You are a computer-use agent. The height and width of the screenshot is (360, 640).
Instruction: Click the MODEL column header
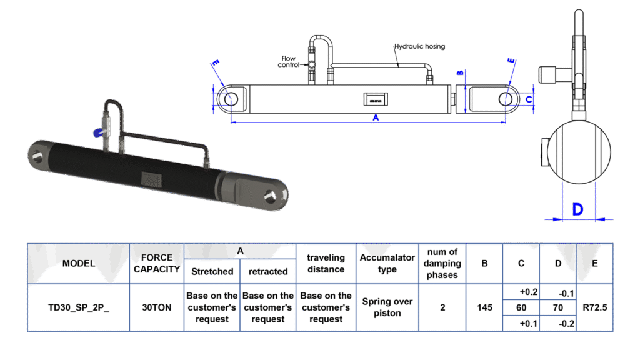tap(79, 263)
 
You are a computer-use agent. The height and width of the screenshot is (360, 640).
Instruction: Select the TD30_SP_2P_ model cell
tap(79, 307)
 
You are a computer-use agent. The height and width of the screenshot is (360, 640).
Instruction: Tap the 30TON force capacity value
tap(156, 307)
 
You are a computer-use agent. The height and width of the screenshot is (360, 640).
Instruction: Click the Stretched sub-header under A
tap(212, 271)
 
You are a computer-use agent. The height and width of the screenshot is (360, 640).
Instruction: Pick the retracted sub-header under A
tap(268, 271)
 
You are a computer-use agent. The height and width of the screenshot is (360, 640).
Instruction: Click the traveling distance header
tap(326, 263)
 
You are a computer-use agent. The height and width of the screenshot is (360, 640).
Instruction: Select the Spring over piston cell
tap(387, 307)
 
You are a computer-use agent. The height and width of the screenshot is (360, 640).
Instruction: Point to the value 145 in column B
tap(484, 307)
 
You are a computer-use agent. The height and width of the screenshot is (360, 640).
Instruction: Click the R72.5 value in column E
tap(594, 307)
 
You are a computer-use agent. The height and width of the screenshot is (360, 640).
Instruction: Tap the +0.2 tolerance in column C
tap(521, 292)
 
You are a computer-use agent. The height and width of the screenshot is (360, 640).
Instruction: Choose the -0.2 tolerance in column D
tap(558, 323)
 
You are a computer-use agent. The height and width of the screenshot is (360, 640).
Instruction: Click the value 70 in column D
tap(558, 307)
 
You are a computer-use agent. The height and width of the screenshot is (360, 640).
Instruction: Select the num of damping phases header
tap(442, 263)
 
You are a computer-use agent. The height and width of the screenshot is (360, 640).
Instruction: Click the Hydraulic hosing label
tap(419, 47)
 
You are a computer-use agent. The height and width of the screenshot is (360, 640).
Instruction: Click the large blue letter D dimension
tap(577, 209)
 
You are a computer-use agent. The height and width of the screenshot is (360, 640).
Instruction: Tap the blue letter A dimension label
tap(376, 119)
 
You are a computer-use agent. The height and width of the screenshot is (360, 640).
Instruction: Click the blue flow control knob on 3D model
tap(98, 132)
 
